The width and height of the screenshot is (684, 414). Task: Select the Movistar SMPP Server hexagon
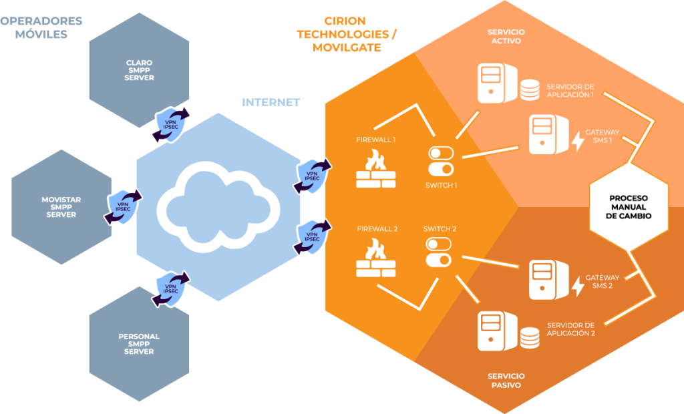[61, 207]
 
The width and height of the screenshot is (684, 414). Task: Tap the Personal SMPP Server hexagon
[139, 343]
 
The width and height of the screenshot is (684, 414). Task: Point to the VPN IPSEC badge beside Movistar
[123, 207]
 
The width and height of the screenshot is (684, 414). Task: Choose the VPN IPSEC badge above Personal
[171, 288]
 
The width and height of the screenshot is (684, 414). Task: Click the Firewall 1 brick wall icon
[375, 169]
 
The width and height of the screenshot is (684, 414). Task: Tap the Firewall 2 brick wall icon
[375, 259]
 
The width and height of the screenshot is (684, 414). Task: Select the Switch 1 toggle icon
[440, 161]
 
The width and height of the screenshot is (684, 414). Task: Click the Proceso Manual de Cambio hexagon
[629, 207]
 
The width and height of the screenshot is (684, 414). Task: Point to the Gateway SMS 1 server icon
[544, 133]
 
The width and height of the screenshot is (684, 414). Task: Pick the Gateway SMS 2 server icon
[544, 279]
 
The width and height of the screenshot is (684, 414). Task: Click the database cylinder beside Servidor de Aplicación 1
[530, 90]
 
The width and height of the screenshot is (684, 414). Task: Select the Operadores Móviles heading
[41, 27]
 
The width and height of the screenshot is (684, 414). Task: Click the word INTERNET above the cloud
[271, 102]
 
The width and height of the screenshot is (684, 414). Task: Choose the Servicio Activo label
[506, 37]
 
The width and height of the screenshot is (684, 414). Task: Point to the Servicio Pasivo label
[506, 381]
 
